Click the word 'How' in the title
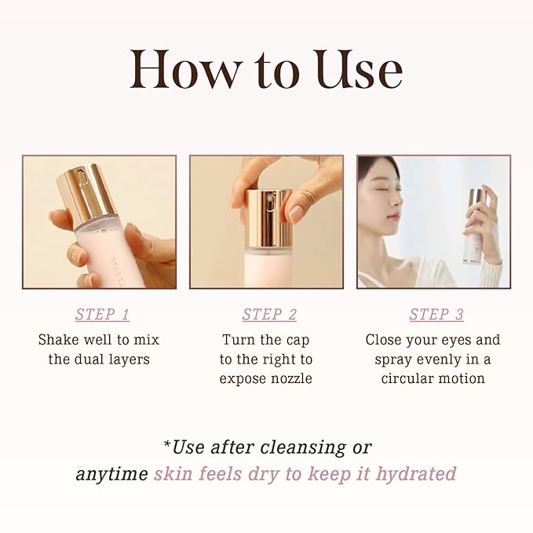(175, 70)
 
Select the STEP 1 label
(102, 315)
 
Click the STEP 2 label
(269, 315)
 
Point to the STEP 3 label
(436, 315)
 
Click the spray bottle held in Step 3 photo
(474, 228)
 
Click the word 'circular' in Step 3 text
(411, 378)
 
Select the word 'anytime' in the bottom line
(111, 474)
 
